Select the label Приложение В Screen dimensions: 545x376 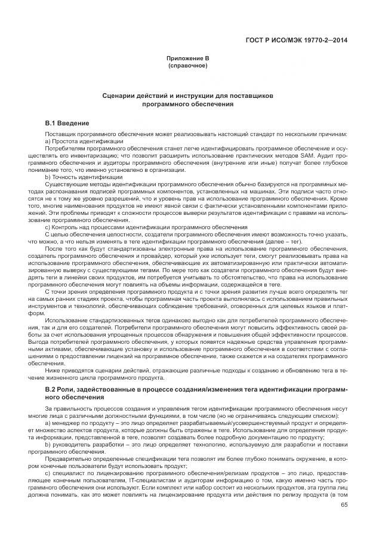[x=188, y=58]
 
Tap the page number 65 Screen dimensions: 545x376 [x=344, y=504]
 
